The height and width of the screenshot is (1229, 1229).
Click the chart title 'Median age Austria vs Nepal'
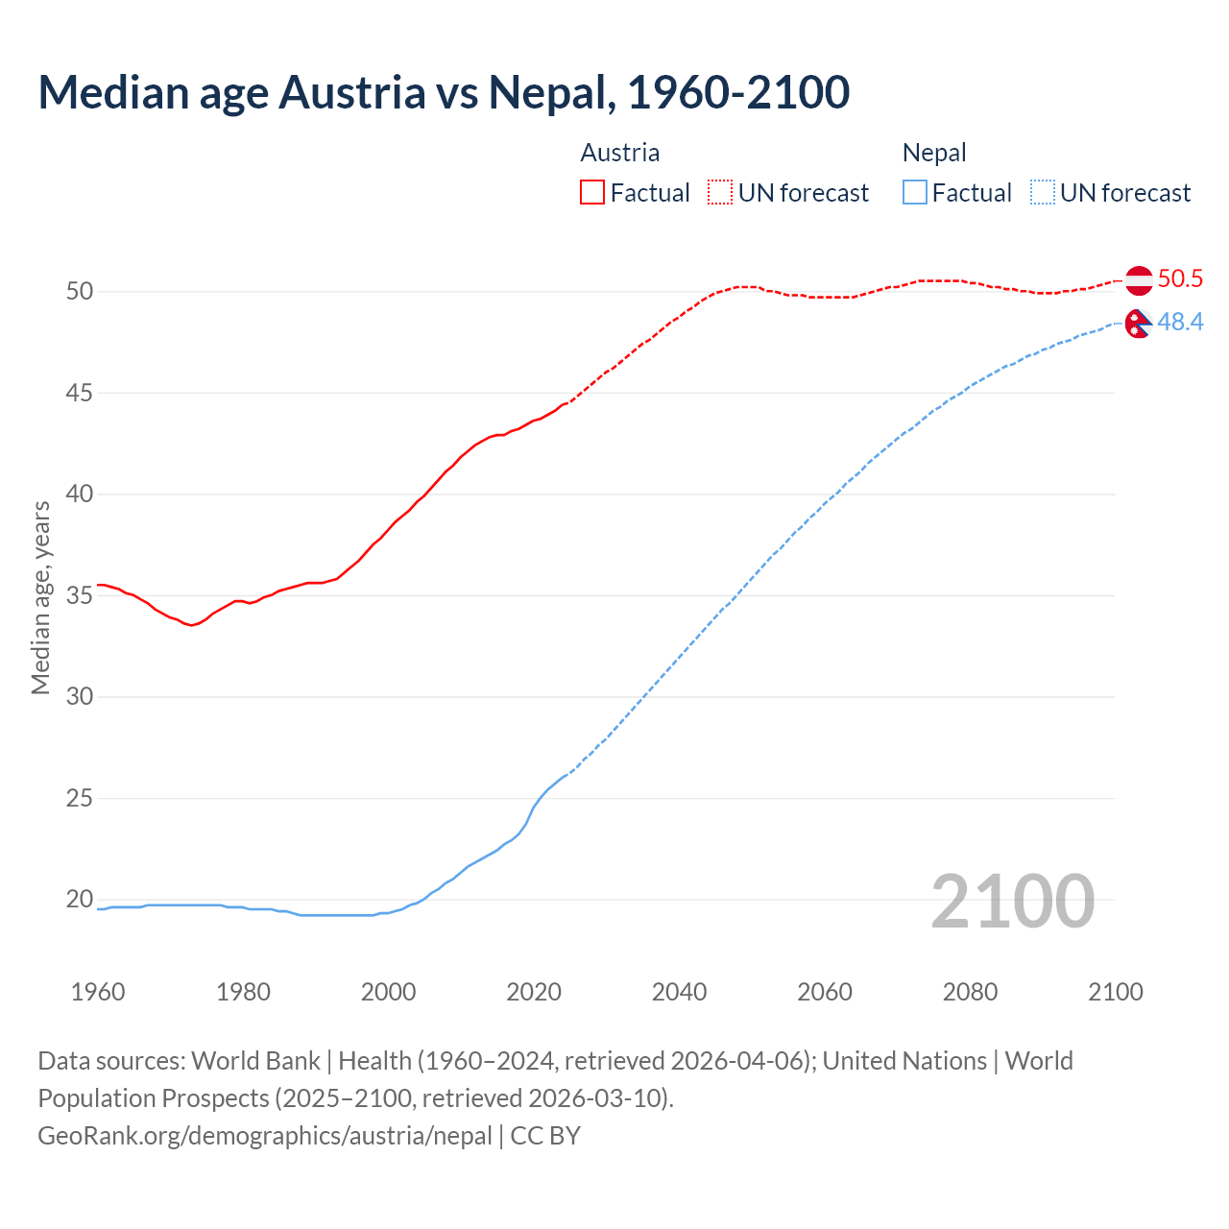coord(444,92)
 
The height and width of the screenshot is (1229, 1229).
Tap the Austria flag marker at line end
coord(1139,280)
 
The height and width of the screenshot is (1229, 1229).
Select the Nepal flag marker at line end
coord(1138,325)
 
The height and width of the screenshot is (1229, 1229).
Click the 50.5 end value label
coord(1180,279)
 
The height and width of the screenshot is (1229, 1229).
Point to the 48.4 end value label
coord(1180,323)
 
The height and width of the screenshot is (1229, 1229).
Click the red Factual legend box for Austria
coord(592,193)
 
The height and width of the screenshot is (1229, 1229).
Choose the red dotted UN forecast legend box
coord(720,193)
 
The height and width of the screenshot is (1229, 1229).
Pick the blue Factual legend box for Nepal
coord(915,193)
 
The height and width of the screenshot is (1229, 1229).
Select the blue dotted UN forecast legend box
coord(1043,193)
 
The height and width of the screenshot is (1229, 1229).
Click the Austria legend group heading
coord(620,153)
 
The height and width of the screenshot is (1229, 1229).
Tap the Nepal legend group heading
coord(934,153)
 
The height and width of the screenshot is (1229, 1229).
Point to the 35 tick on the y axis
coord(80,595)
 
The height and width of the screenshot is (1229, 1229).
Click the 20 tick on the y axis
coord(80,900)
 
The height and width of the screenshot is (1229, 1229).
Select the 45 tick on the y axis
coord(80,393)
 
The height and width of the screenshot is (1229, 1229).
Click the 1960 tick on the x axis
coord(98,992)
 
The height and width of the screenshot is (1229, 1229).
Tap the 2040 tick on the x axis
coord(679,992)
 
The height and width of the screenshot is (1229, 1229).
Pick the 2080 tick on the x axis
coord(970,992)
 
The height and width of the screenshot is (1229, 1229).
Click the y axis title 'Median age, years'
coord(40,597)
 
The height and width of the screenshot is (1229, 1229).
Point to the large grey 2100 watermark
coord(1012,902)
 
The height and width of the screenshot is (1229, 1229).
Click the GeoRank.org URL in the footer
coord(265,1136)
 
